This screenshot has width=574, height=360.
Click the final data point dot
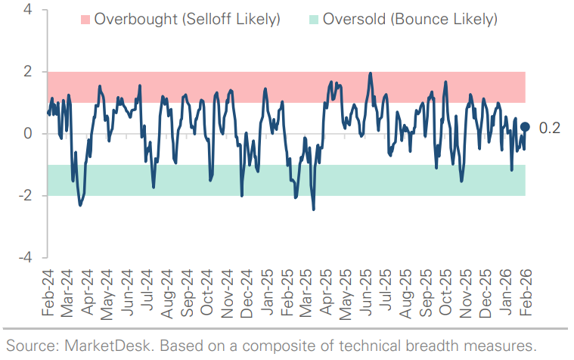(525, 128)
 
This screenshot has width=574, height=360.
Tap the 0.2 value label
(549, 129)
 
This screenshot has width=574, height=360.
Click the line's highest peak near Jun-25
(370, 73)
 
